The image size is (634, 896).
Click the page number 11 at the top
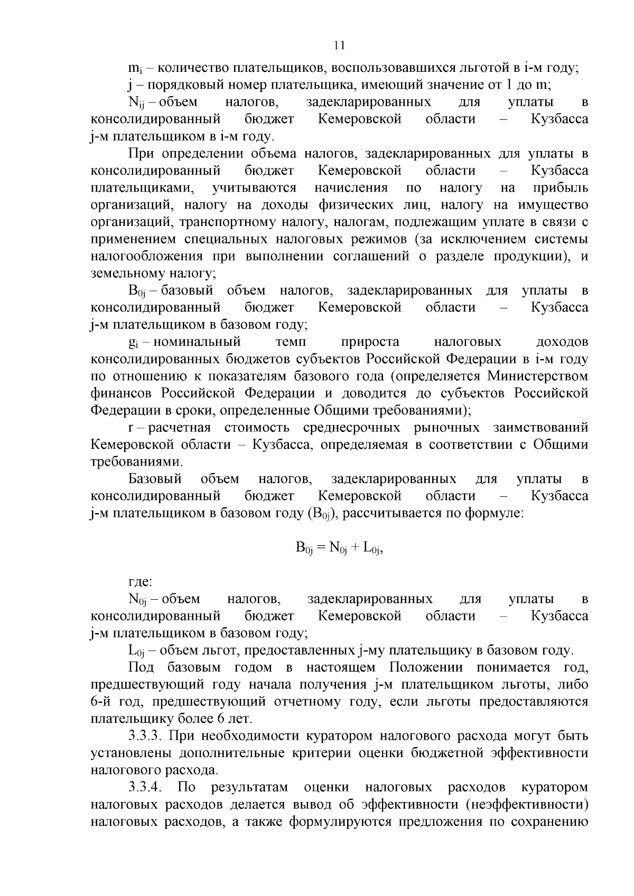(x=339, y=45)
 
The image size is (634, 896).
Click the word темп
(x=291, y=342)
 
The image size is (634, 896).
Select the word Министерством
(x=538, y=376)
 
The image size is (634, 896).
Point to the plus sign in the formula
(x=355, y=548)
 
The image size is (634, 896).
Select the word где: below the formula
(x=140, y=582)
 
